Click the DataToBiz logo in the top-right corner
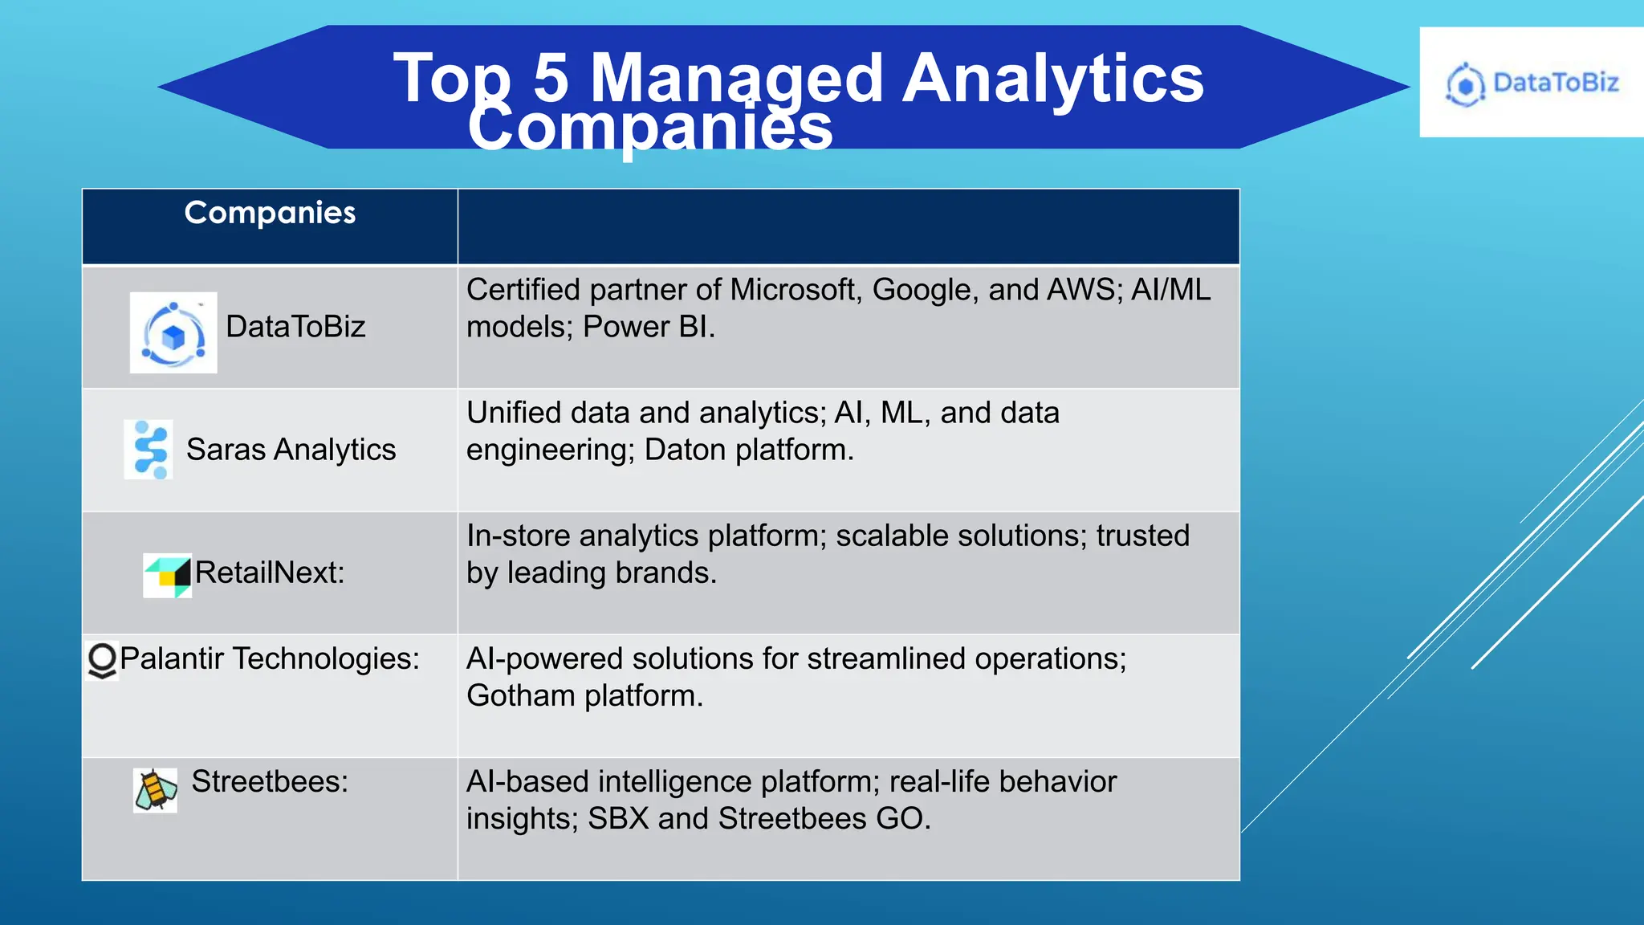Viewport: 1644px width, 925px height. pyautogui.click(x=1531, y=83)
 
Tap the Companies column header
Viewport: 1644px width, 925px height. pyautogui.click(x=270, y=213)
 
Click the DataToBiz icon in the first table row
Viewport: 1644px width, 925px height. pyautogui.click(x=173, y=332)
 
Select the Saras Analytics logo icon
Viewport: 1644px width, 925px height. pyautogui.click(x=149, y=450)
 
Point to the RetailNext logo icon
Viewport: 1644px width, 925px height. pyautogui.click(x=168, y=575)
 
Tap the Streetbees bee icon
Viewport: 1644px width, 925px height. pyautogui.click(x=155, y=789)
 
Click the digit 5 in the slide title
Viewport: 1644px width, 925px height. pyautogui.click(x=551, y=78)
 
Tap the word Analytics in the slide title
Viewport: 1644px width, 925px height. pyautogui.click(x=1052, y=78)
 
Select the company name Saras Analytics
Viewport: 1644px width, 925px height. pyautogui.click(x=291, y=450)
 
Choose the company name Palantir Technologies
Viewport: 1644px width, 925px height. pyautogui.click(x=269, y=658)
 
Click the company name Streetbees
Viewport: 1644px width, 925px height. pyautogui.click(x=269, y=781)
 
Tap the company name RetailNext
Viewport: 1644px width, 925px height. pyautogui.click(x=269, y=573)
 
